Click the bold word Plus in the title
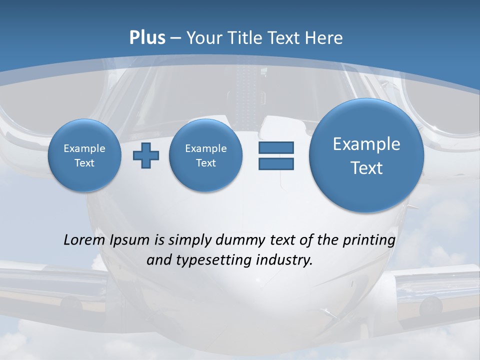pyautogui.click(x=147, y=38)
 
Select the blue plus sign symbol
pyautogui.click(x=146, y=155)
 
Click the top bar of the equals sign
pyautogui.click(x=276, y=147)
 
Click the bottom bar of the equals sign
pyautogui.click(x=276, y=164)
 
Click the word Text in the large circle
pyautogui.click(x=366, y=168)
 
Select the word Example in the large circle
pyautogui.click(x=366, y=144)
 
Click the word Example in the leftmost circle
pyautogui.click(x=84, y=148)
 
